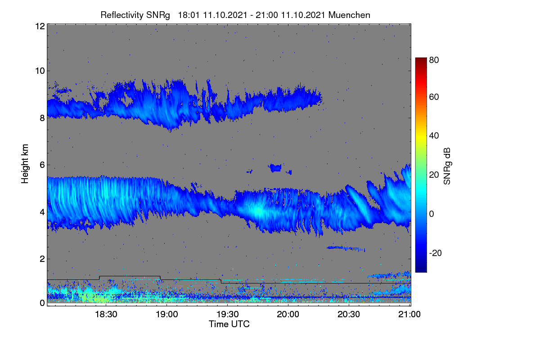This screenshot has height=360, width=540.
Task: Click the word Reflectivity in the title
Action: tap(122, 15)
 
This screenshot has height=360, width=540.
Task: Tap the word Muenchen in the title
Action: tap(349, 15)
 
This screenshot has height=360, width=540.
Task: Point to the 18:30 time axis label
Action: tap(106, 314)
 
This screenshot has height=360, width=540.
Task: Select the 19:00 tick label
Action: tap(167, 314)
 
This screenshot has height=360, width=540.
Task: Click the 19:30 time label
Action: tap(228, 314)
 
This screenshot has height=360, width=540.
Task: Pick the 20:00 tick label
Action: tap(288, 314)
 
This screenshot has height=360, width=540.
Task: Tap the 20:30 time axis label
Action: tap(349, 314)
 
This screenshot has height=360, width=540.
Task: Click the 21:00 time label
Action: tap(409, 314)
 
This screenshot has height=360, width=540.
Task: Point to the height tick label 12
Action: tap(40, 26)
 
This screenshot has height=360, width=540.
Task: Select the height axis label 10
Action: tap(40, 71)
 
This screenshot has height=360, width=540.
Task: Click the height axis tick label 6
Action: tap(42, 165)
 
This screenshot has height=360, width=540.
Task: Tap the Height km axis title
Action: tap(25, 164)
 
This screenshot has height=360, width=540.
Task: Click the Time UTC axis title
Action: tap(229, 324)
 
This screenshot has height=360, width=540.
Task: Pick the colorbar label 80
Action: tap(434, 60)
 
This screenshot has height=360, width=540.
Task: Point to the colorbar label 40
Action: tap(434, 136)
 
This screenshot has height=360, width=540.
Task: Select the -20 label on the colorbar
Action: tap(436, 253)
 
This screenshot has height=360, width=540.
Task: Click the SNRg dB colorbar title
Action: tap(447, 166)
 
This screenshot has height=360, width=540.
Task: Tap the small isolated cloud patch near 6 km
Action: tap(275, 167)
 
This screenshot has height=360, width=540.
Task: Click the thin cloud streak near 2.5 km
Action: tap(346, 248)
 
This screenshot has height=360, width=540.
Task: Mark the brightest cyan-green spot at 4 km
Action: tap(258, 211)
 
